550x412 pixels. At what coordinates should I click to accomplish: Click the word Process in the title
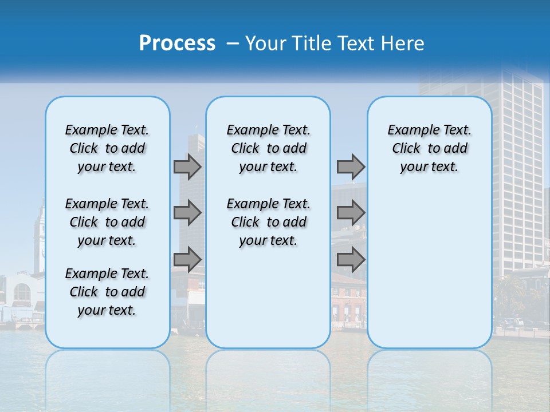point(177,43)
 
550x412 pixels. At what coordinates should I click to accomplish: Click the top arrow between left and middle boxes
point(187,167)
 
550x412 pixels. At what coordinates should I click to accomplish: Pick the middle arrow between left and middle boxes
point(187,213)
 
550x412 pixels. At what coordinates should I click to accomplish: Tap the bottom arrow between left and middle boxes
point(187,260)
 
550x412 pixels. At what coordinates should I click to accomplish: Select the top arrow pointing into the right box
point(351,167)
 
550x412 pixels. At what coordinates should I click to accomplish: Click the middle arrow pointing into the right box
point(351,213)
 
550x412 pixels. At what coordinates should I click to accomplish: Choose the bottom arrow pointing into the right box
point(351,260)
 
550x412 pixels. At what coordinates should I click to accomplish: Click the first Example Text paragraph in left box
point(107,148)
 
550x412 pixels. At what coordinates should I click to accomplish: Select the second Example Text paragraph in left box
point(107,222)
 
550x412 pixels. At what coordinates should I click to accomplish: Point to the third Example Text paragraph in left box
point(107,292)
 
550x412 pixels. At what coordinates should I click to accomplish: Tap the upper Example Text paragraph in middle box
point(268,148)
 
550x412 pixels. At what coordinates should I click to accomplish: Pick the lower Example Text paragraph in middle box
point(268,222)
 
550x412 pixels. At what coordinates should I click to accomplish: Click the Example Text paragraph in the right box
point(429,148)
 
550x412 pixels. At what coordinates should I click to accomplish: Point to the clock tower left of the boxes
point(39,235)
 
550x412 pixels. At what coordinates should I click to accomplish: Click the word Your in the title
point(266,43)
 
